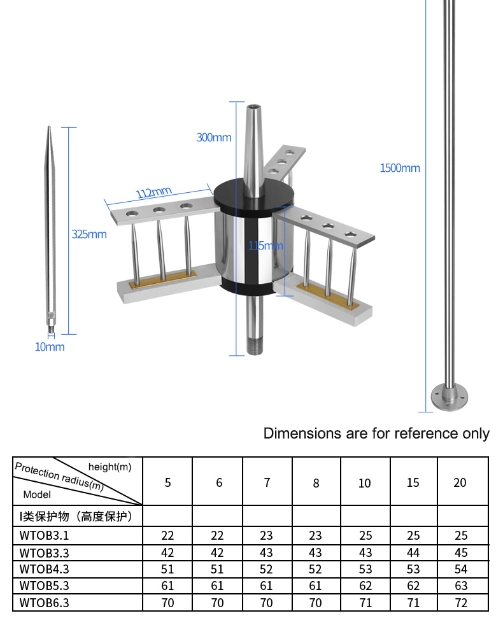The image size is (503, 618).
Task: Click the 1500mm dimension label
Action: [400, 168]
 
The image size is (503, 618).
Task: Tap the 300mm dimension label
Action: [214, 137]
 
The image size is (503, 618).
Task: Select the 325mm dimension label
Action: [89, 234]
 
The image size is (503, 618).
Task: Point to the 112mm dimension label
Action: [154, 192]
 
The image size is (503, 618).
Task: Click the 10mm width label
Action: [50, 347]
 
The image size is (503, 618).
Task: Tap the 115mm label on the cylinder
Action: [266, 246]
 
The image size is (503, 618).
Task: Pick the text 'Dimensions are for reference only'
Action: [376, 433]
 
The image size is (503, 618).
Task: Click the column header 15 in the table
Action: [413, 482]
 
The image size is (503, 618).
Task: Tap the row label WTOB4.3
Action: [45, 568]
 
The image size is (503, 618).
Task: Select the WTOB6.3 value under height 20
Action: [461, 602]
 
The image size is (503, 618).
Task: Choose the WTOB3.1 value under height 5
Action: [167, 535]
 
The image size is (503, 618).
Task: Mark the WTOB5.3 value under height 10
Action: [364, 586]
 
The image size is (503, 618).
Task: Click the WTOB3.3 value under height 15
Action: [413, 552]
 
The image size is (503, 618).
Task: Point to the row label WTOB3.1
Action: [45, 535]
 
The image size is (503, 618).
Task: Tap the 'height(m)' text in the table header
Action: [110, 467]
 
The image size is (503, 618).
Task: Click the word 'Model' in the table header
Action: [37, 494]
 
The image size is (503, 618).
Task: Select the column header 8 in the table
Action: [316, 482]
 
